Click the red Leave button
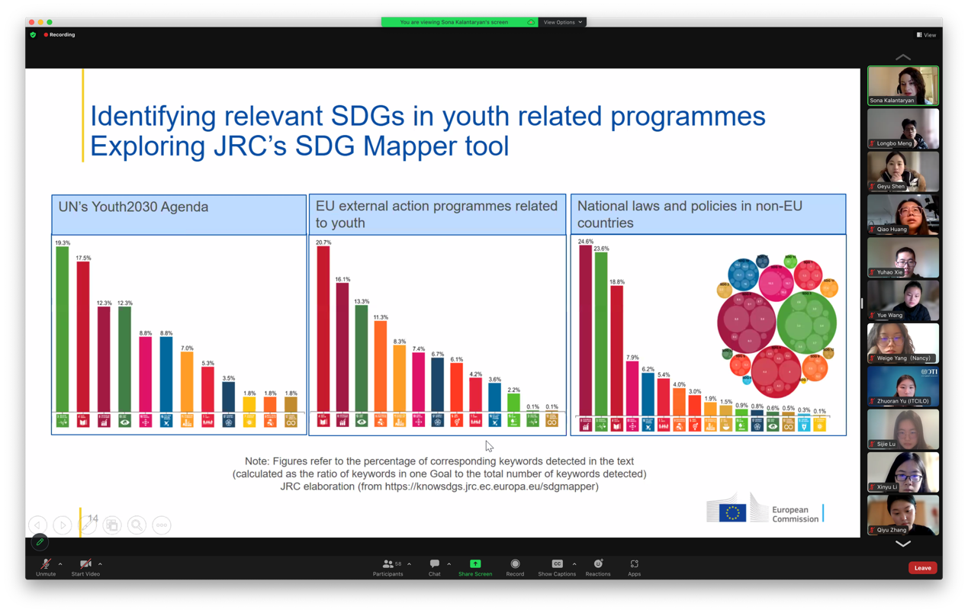[x=922, y=568]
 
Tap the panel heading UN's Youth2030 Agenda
[x=133, y=207]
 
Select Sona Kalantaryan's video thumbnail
[x=902, y=85]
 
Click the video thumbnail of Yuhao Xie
[x=902, y=257]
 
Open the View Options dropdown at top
[x=563, y=22]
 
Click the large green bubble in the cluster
[x=807, y=323]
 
